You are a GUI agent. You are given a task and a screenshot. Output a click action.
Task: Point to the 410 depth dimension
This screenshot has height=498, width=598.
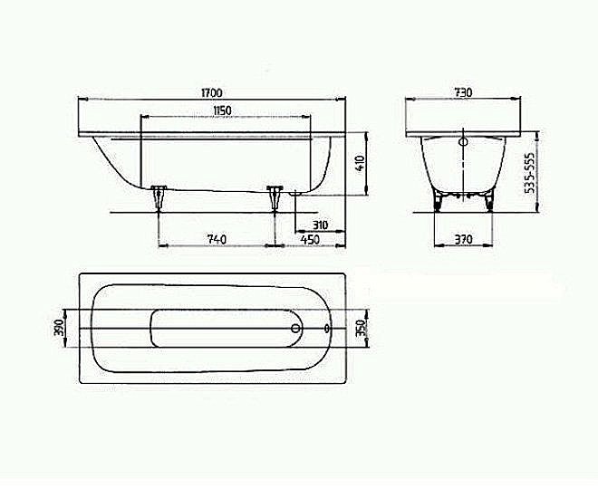[359, 164]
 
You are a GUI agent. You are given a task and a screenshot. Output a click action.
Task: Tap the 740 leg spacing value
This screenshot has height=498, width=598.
[217, 239]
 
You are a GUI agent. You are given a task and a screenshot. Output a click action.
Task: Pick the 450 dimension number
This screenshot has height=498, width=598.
[310, 239]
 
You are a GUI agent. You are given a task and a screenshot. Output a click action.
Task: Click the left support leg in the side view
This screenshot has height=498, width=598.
[160, 197]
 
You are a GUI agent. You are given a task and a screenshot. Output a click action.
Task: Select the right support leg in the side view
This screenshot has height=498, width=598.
[275, 197]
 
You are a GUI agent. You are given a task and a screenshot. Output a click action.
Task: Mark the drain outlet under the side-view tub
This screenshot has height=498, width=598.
[294, 193]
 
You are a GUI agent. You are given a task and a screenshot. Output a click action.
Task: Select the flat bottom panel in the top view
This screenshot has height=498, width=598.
[217, 329]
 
